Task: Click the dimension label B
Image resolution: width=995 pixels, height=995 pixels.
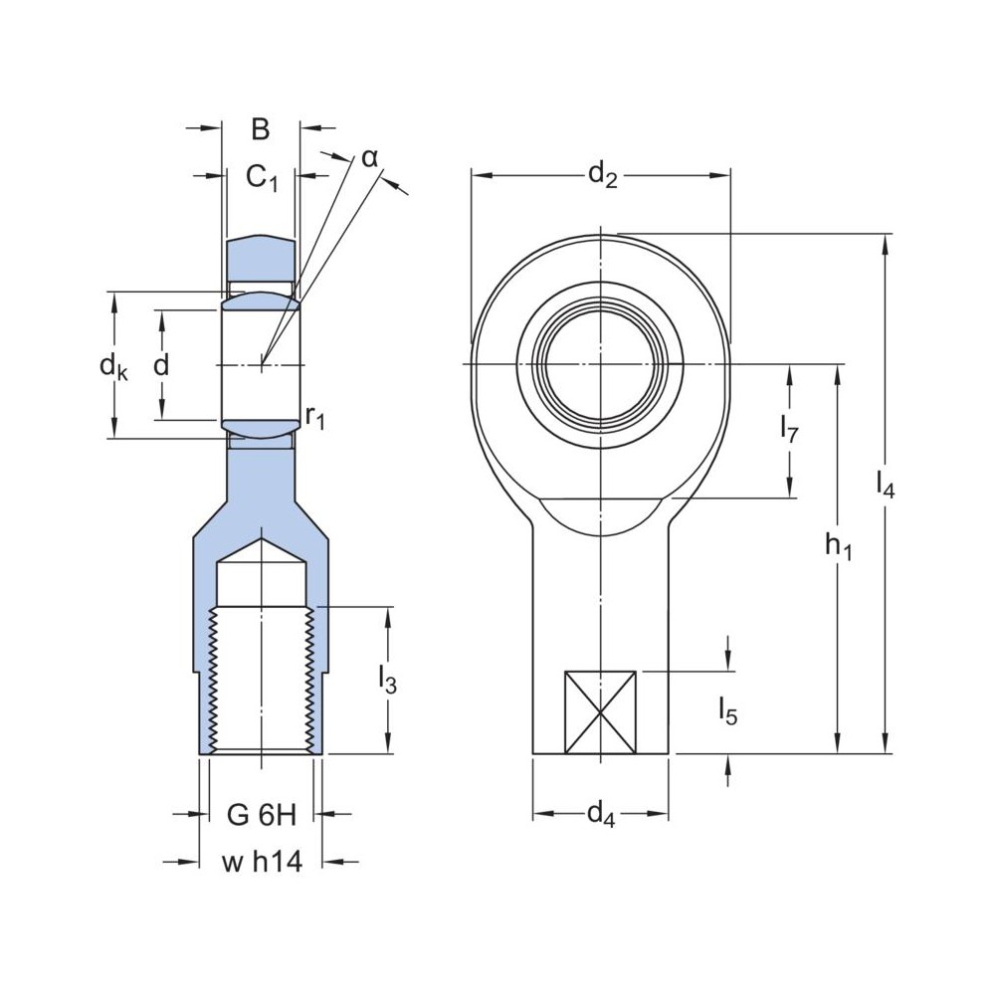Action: tap(260, 129)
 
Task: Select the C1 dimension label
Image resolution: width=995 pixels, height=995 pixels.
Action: tap(262, 178)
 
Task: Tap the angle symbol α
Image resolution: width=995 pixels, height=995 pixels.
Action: tap(370, 158)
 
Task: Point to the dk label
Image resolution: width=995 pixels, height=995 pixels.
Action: tap(112, 366)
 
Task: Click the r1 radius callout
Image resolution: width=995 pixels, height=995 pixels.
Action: tap(314, 418)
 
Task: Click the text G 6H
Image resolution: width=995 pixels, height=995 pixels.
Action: tap(262, 816)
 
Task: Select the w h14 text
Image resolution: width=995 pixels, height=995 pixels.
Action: tap(261, 863)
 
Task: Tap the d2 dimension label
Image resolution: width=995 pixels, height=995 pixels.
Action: tap(602, 175)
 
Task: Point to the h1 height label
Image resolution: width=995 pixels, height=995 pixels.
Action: tap(839, 544)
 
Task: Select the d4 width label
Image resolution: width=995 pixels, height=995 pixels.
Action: tap(600, 815)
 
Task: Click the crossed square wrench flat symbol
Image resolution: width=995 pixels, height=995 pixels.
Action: tap(600, 712)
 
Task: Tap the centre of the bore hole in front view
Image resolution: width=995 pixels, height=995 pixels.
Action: tap(602, 365)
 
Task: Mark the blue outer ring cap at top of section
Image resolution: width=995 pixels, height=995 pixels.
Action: tap(261, 260)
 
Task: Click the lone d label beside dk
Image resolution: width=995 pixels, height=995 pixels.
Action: tap(160, 366)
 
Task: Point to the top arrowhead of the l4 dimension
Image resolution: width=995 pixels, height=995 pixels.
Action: tap(885, 242)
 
